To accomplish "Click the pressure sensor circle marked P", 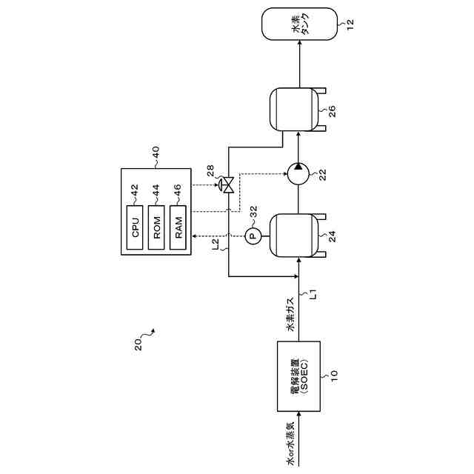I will point(251,236).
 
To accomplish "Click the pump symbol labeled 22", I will point(298,175).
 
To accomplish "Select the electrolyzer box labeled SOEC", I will point(298,376).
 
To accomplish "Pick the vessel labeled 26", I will point(298,110).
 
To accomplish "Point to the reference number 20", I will point(138,345).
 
